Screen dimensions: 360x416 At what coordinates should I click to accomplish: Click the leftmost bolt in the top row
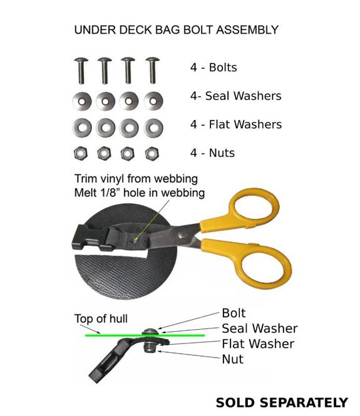[x=81, y=71]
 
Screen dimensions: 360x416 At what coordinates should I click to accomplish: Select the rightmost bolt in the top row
[x=152, y=70]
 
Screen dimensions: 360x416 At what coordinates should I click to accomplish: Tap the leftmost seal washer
[x=82, y=101]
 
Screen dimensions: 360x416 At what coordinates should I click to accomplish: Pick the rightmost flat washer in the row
[x=153, y=128]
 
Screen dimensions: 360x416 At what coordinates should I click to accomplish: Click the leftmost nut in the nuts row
[x=80, y=153]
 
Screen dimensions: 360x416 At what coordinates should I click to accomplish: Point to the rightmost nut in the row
[x=152, y=153]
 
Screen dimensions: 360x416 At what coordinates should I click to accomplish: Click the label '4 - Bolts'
[x=213, y=68]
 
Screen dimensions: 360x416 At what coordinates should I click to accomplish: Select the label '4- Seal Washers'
[x=236, y=96]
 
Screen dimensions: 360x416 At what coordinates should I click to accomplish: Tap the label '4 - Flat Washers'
[x=236, y=124]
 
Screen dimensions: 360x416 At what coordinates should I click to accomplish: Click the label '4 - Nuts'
[x=212, y=153]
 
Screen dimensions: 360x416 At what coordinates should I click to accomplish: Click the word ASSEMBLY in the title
[x=247, y=29]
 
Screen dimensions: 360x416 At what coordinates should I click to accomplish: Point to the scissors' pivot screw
[x=182, y=235]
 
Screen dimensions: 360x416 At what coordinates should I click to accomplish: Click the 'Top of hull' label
[x=101, y=318]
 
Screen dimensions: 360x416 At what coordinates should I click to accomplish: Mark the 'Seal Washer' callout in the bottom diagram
[x=260, y=328]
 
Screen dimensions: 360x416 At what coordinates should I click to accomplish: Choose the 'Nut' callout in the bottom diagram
[x=232, y=359]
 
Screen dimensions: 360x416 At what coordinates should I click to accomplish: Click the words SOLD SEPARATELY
[x=282, y=402]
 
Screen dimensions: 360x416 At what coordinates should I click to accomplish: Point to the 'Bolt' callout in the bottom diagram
[x=234, y=313]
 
